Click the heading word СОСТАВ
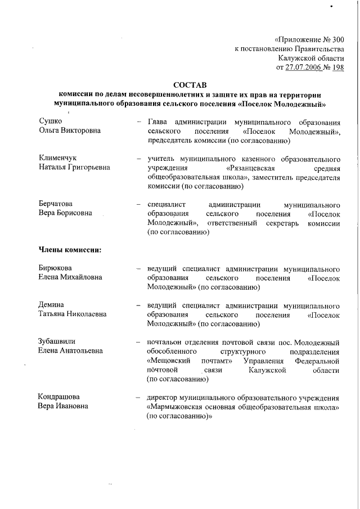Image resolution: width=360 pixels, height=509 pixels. [x=190, y=84]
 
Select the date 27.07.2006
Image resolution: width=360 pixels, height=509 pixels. [x=304, y=67]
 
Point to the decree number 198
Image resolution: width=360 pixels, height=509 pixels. [x=337, y=67]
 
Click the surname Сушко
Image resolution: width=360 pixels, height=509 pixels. [x=50, y=121]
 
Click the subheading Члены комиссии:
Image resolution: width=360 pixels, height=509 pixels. [x=69, y=250]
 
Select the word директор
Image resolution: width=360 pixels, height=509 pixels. [x=163, y=397]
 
